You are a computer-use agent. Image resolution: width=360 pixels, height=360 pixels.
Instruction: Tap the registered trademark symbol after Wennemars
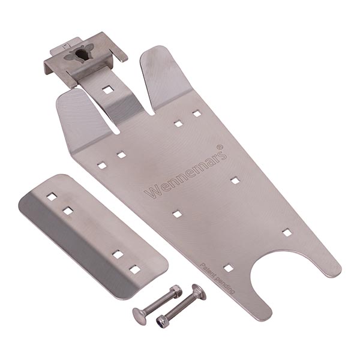pos(220,146)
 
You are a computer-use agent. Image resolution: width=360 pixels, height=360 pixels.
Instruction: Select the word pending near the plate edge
pos(226,287)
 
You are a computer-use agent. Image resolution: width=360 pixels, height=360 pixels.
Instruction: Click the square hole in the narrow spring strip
pos(107,90)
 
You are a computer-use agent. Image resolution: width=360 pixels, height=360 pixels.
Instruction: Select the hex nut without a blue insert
pos(176,290)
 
